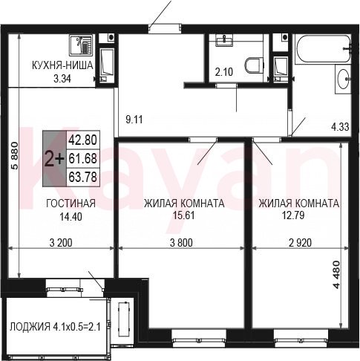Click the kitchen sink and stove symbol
[81, 45]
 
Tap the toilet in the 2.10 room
[255, 65]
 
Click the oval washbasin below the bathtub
[344, 79]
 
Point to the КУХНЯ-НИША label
[62, 65]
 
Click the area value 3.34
[62, 79]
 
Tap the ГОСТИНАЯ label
[71, 204]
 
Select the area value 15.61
[183, 215]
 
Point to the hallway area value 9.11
[134, 120]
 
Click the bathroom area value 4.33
[341, 127]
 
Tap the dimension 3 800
[181, 243]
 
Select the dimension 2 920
[300, 243]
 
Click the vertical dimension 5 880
[15, 155]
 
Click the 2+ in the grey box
[54, 159]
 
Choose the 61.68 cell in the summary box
[82, 159]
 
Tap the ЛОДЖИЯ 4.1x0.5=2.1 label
[55, 327]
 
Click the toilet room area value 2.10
[224, 72]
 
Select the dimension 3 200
[61, 243]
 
